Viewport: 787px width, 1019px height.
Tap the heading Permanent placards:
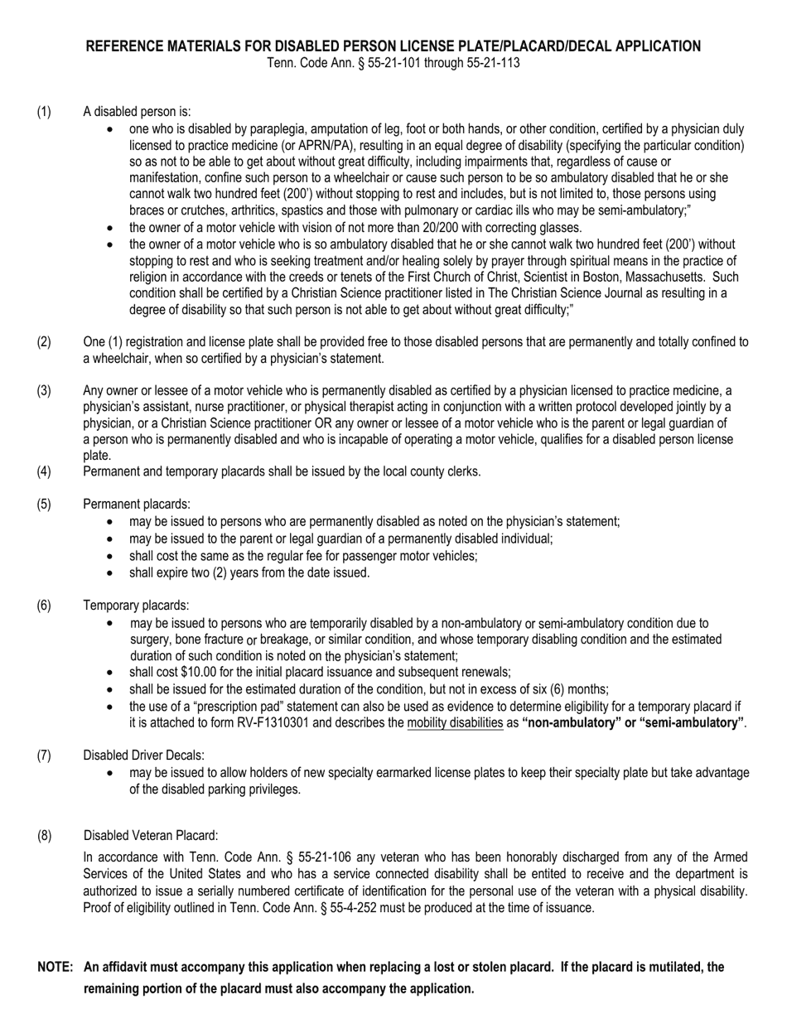(x=137, y=504)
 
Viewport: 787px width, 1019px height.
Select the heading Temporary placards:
(x=136, y=606)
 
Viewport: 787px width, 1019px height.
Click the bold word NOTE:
(x=56, y=967)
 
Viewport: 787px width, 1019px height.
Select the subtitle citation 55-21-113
(x=492, y=62)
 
